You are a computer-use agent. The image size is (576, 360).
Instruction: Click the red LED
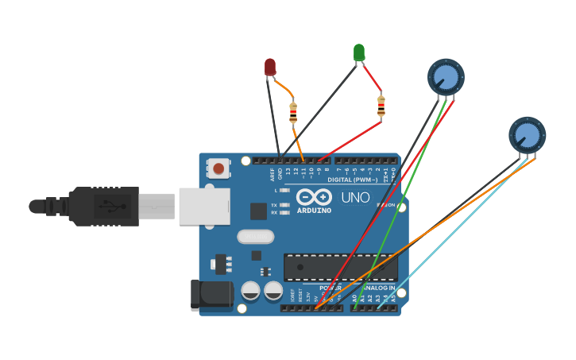coord(270,67)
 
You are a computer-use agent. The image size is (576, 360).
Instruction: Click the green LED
coord(359,52)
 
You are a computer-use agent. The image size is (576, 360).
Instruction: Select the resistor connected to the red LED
coord(293,112)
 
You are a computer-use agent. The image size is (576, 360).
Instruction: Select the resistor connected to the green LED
coord(381,106)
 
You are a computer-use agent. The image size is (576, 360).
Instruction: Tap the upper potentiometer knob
coord(446,77)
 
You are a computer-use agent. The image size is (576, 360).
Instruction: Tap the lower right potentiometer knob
coord(527,134)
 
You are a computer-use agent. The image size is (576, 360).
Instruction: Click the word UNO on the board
coord(355,197)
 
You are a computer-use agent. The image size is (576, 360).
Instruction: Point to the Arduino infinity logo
coord(314,196)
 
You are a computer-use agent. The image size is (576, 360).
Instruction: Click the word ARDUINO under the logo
coord(314,211)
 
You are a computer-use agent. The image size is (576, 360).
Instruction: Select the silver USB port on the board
coord(204,206)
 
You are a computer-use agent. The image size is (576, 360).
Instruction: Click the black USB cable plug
coord(103,206)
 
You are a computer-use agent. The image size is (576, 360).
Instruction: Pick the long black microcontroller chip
coord(340,267)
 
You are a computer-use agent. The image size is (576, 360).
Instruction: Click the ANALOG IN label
coord(379,288)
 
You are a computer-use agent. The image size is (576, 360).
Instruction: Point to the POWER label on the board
coord(330,288)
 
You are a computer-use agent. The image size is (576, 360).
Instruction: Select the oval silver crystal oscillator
coord(256,237)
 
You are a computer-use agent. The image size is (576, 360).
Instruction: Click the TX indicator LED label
coord(274,205)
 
